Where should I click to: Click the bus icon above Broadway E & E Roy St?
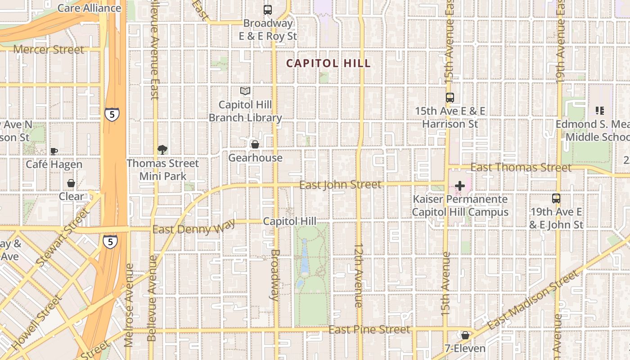pos(268,9)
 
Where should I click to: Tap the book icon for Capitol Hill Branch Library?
pos(245,91)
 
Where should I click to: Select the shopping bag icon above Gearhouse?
pos(255,144)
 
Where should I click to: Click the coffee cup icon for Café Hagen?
pos(54,151)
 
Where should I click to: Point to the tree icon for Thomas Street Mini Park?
pos(162,150)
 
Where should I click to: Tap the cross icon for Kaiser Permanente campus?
pos(460,185)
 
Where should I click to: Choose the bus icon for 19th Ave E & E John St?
pos(556,198)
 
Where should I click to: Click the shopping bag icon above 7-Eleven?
pos(465,335)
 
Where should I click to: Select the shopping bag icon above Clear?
pos(71,183)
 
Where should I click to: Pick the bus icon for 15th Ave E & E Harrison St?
pos(450,98)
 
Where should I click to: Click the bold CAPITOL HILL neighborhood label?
pos(328,63)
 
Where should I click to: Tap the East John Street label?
pos(340,184)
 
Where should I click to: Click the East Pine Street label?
pos(369,330)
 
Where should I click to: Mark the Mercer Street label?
pos(49,49)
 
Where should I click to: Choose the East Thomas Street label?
pos(521,168)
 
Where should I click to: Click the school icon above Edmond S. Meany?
pos(599,110)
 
